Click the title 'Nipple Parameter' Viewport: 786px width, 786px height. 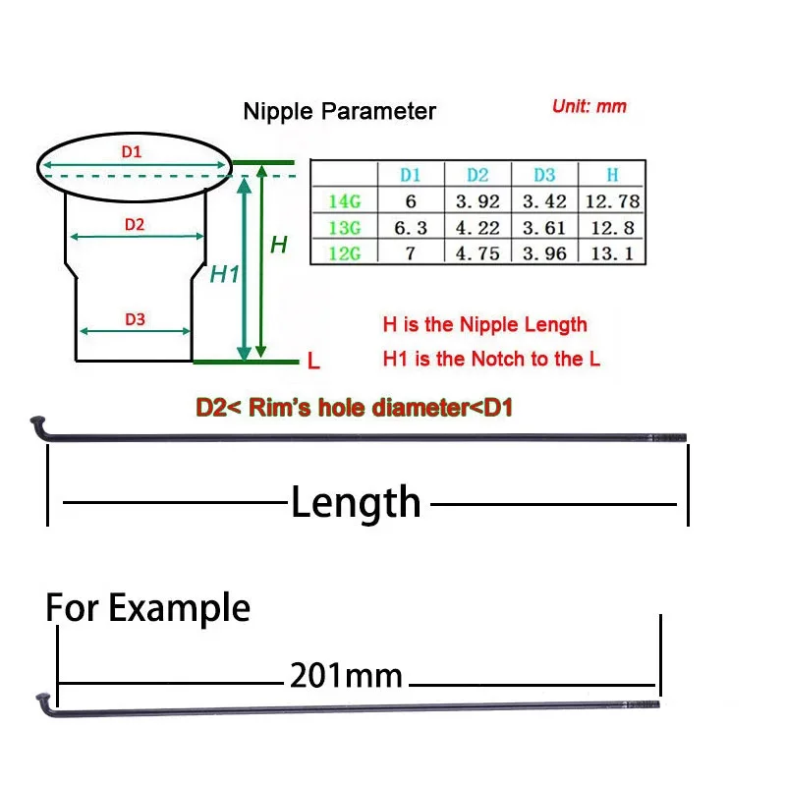coord(339,111)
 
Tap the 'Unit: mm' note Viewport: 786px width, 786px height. coord(589,106)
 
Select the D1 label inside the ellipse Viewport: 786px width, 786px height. coord(132,152)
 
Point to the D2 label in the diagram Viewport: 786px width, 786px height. coord(135,224)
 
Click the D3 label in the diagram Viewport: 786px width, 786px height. coord(135,319)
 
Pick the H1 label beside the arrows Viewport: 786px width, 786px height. coord(225,274)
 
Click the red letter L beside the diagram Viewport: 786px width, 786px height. coord(313,362)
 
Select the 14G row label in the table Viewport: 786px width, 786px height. coord(344,201)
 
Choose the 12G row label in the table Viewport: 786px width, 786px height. coord(344,253)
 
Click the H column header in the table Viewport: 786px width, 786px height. coord(612,175)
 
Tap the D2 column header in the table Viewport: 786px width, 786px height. coord(477,175)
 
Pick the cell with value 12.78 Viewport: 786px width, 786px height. coord(611,201)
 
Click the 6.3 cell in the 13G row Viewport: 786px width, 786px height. coord(411,228)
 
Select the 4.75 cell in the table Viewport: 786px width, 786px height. coord(477,253)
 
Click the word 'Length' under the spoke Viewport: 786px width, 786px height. coord(356,503)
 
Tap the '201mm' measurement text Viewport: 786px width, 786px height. coord(346,675)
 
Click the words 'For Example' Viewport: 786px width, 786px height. coord(148,608)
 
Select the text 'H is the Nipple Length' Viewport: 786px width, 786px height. coord(484,325)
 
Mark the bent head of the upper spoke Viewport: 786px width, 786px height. coord(37,424)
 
